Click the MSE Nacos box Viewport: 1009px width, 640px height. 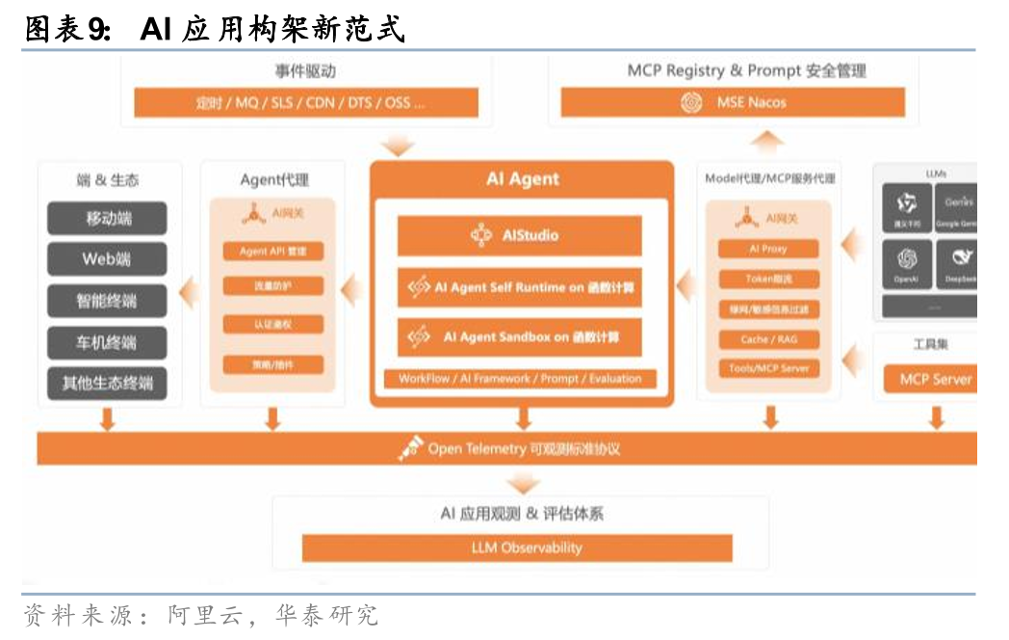click(733, 102)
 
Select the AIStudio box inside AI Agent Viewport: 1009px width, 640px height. click(519, 235)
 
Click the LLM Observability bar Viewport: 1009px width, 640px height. click(517, 547)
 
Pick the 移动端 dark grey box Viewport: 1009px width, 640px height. click(107, 219)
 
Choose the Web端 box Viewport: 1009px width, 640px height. click(107, 259)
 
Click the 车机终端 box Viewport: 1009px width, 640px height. click(107, 342)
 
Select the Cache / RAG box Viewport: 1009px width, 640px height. click(768, 339)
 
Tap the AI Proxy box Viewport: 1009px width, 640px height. click(768, 249)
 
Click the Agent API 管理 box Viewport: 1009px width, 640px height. click(272, 252)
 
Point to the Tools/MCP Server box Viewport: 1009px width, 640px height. click(768, 368)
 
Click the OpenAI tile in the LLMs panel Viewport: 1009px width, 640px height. click(906, 263)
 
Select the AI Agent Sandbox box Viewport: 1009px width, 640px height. click(519, 337)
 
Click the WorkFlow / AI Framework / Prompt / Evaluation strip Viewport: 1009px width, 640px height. click(519, 379)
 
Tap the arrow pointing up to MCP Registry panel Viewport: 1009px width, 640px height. click(768, 142)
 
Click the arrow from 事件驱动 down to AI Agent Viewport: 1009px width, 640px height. click(397, 147)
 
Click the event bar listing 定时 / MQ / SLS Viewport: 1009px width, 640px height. click(306, 102)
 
